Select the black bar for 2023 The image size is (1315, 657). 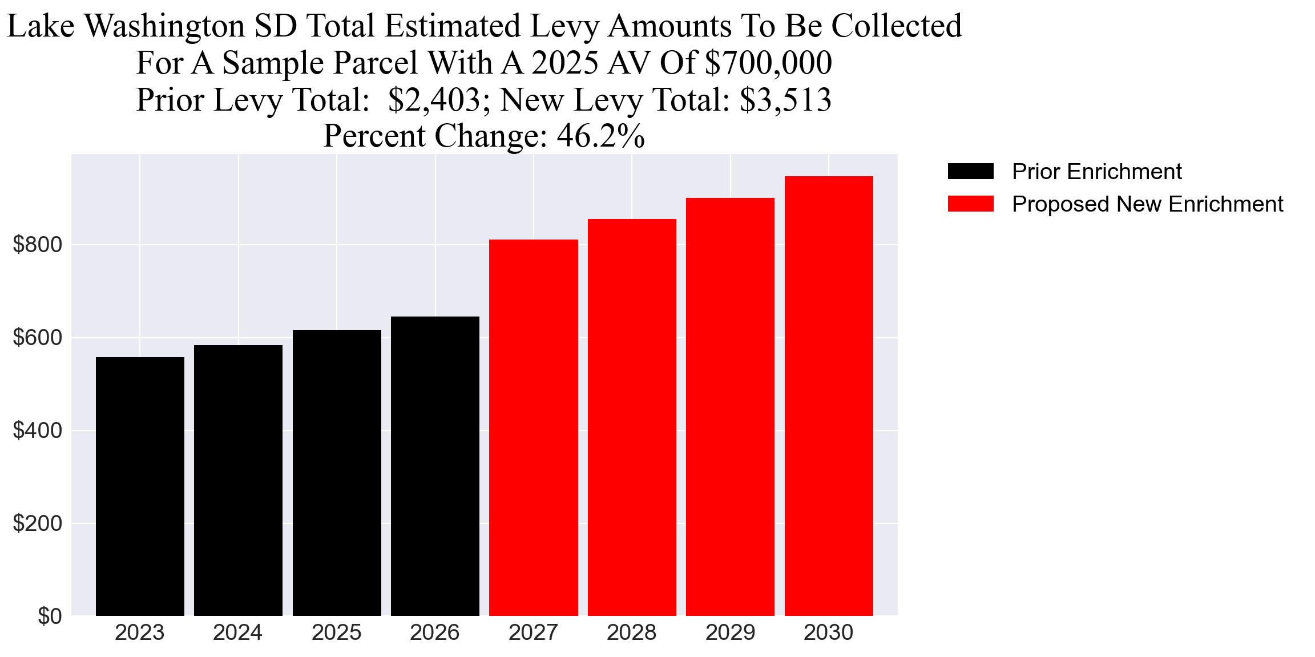pos(140,486)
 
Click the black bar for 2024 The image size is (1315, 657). pos(238,480)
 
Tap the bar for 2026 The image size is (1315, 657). pos(435,466)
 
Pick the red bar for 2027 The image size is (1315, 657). pos(533,427)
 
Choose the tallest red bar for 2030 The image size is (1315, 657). pos(829,396)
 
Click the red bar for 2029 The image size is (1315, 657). pos(730,407)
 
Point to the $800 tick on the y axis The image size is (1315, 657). pos(38,245)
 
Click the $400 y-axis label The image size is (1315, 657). pos(38,431)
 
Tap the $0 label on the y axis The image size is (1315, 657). pos(50,617)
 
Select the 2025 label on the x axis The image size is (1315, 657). pos(336,632)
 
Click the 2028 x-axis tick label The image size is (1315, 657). pos(631,632)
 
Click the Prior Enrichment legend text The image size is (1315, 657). pos(1096,172)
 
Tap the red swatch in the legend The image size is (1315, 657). pos(970,204)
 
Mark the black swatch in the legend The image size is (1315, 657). pos(970,172)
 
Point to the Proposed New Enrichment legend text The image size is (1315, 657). pos(1147,204)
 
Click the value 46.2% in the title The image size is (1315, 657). pos(600,136)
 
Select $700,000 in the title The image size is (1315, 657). pos(768,63)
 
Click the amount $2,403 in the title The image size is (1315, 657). pos(434,100)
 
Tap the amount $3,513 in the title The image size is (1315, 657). pos(785,100)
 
